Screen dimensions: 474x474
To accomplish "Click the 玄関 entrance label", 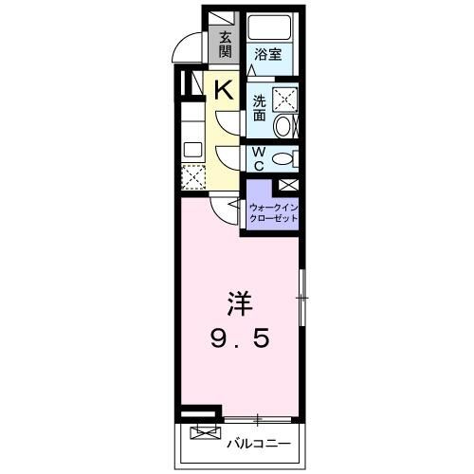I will [226, 45].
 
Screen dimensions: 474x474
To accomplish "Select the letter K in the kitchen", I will [223, 91].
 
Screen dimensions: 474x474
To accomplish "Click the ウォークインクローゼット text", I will [273, 212].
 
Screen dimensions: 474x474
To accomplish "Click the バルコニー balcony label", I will [256, 443].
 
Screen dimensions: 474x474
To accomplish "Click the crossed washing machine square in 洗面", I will [284, 99].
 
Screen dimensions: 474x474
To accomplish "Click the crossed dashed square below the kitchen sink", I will [191, 176].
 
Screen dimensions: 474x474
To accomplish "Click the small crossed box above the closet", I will [288, 186].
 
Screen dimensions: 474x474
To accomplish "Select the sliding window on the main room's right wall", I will [301, 298].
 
